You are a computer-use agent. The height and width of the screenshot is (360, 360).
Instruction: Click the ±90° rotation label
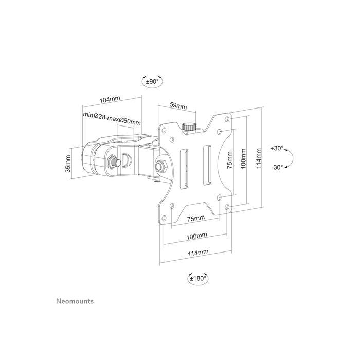tap(152, 81)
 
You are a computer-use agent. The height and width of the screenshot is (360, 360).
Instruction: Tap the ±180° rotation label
tap(197, 278)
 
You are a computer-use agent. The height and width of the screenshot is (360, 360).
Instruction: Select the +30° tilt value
tap(276, 148)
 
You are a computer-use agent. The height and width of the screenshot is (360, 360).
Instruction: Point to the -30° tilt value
tap(276, 167)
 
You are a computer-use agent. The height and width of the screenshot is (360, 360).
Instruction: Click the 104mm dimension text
tap(110, 99)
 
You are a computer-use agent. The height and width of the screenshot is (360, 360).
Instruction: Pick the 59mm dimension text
tap(178, 105)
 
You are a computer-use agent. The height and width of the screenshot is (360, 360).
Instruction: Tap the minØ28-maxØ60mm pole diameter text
tap(112, 121)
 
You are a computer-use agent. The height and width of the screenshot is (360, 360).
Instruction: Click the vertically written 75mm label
tap(229, 158)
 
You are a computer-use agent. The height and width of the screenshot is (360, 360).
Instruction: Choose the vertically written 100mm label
tap(243, 160)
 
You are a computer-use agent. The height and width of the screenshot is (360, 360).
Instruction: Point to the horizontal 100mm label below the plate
tap(196, 235)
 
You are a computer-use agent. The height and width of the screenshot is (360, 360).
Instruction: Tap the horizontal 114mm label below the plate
tap(198, 253)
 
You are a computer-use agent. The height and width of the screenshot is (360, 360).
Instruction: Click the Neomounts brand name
tap(74, 301)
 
